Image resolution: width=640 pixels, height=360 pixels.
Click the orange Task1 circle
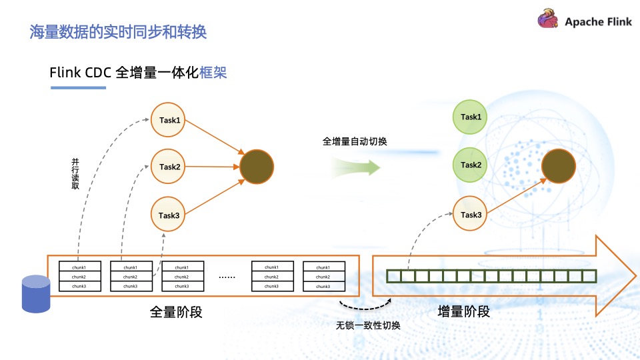tap(169, 121)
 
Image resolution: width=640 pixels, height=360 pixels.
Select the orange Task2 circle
tap(169, 167)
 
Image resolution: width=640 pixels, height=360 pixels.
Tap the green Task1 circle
tap(471, 117)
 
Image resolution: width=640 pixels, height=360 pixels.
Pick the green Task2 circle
tap(471, 165)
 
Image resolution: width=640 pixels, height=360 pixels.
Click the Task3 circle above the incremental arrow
tap(471, 215)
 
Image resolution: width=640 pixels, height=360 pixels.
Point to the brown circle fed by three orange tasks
tap(257, 167)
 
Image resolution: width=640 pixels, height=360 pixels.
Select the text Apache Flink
tap(598, 22)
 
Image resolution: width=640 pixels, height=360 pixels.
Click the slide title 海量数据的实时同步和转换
tap(118, 31)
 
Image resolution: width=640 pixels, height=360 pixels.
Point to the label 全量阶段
tap(176, 311)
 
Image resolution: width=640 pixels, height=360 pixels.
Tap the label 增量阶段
tap(464, 311)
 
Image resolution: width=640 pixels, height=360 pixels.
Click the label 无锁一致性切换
tap(368, 326)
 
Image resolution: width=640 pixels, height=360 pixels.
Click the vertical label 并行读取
tap(75, 174)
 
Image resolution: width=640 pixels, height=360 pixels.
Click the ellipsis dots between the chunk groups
tap(228, 276)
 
